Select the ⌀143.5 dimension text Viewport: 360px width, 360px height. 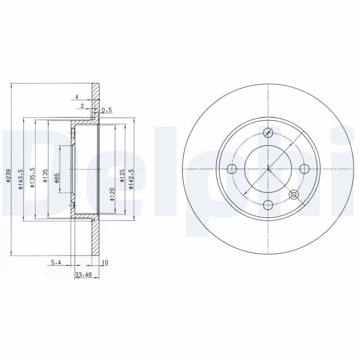(x=20, y=179)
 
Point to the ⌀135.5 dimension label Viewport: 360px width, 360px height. (x=32, y=178)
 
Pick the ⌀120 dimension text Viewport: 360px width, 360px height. (x=112, y=194)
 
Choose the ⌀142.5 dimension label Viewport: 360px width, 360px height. (x=131, y=178)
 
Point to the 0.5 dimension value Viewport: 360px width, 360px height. (x=107, y=109)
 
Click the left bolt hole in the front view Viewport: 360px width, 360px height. (x=232, y=169)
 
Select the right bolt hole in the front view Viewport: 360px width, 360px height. (x=304, y=169)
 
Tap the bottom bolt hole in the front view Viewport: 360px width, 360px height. (x=268, y=205)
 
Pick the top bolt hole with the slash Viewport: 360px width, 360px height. (x=268, y=133)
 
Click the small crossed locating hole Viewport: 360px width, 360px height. (x=294, y=194)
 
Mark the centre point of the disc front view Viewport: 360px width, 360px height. (x=268, y=169)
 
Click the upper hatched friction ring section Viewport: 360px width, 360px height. (x=95, y=101)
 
